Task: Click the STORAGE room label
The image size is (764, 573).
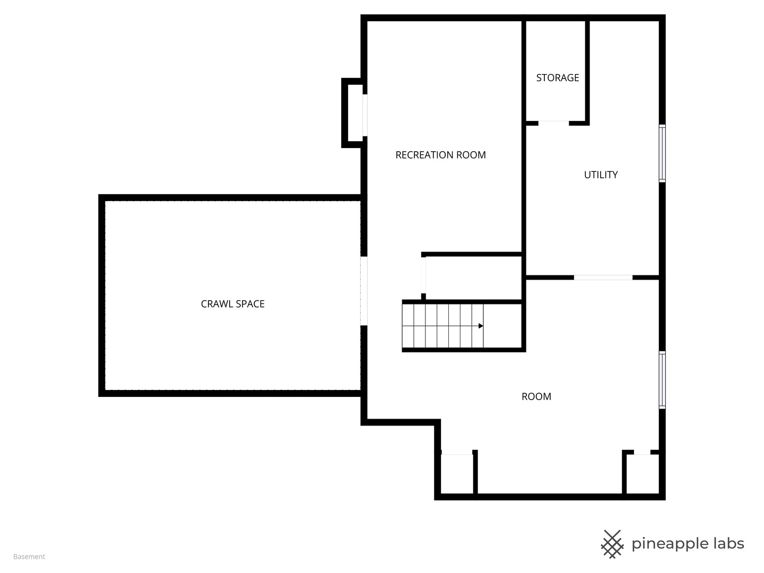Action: (x=557, y=78)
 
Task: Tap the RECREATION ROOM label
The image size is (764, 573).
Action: (x=440, y=155)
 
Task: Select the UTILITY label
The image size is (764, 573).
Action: (x=601, y=175)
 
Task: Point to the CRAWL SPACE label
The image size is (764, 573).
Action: (x=232, y=304)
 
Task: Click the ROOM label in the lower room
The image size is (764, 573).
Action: (x=536, y=396)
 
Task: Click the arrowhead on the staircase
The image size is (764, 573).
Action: (x=481, y=326)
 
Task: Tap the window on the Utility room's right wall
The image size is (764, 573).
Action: (x=662, y=153)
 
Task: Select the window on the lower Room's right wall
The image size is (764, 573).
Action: (x=662, y=379)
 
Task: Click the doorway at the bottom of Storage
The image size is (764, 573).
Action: (x=553, y=123)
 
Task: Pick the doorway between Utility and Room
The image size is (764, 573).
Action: (x=603, y=277)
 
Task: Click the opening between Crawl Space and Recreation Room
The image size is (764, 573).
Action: (x=364, y=291)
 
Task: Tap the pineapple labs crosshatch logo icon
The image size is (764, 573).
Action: (x=612, y=544)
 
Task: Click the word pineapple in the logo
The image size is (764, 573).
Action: (x=670, y=544)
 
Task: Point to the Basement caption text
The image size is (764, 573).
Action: (x=29, y=557)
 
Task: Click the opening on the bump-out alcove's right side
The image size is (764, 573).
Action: (x=365, y=115)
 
